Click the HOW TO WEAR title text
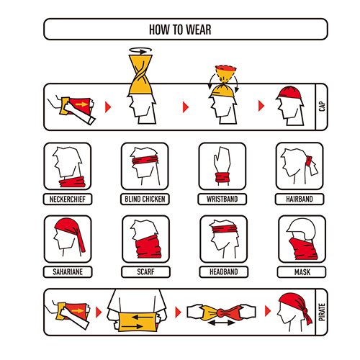(180, 30)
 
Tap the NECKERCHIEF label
(68, 199)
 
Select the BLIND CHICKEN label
(145, 199)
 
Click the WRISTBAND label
(222, 199)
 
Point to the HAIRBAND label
(300, 199)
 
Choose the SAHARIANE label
(68, 272)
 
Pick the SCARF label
(145, 272)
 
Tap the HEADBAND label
(224, 272)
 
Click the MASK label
(302, 272)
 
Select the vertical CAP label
(322, 107)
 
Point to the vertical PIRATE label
(322, 312)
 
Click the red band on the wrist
(222, 178)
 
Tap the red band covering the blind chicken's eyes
(145, 160)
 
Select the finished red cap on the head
(289, 93)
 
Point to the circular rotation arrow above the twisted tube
(140, 50)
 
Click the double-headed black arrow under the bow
(221, 323)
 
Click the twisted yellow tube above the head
(140, 74)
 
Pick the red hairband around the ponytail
(309, 161)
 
